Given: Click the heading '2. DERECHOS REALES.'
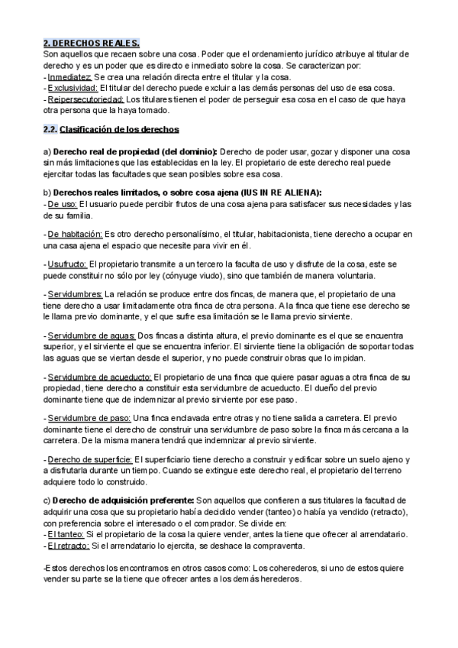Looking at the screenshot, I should point(91,44).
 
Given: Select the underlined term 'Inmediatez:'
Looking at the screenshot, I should point(69,77).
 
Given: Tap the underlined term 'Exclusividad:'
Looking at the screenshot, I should point(73,88).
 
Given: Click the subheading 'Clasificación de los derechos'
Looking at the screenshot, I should point(119,129).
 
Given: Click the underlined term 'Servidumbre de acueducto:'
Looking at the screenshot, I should point(99,377).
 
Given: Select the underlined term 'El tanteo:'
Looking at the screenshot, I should point(65,535).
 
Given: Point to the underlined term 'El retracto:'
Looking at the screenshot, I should point(68,546).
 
